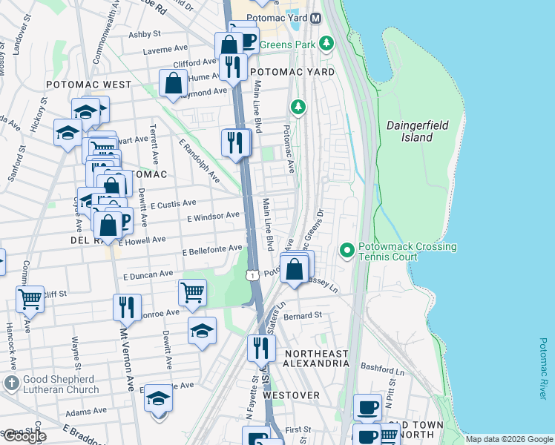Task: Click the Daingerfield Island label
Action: click(x=418, y=131)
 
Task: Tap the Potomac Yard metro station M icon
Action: click(x=315, y=18)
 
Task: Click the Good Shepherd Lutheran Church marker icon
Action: click(x=11, y=383)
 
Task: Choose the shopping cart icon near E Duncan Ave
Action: click(x=192, y=292)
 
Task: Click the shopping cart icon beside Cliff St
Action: click(x=30, y=299)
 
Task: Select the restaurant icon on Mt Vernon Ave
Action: click(x=127, y=306)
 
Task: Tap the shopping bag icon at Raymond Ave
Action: click(x=173, y=83)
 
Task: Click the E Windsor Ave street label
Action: click(x=213, y=217)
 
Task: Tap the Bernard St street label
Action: click(x=306, y=315)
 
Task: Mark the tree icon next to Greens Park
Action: click(x=326, y=44)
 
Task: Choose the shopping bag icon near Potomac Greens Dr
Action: click(x=295, y=269)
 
